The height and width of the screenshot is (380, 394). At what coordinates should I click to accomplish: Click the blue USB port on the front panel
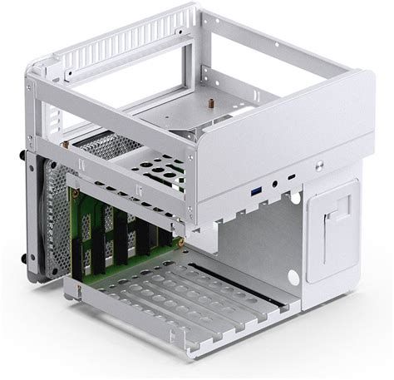pos(257,193)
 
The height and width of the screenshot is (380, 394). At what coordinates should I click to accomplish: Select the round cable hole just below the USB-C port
pos(293,200)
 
